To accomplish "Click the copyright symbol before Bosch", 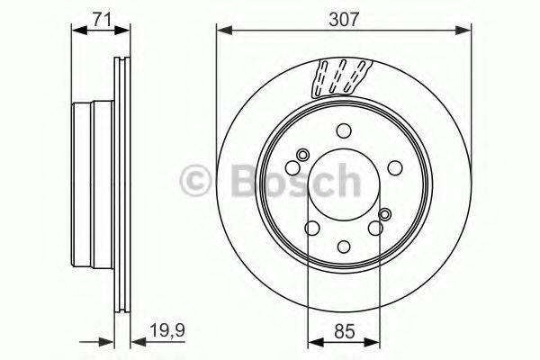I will (195, 179).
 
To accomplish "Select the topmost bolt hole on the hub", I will (344, 130).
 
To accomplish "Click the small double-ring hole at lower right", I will (385, 214).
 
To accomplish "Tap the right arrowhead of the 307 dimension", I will (468, 31).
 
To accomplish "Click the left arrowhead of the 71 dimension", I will (76, 31).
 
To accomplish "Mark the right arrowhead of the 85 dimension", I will (376, 340).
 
